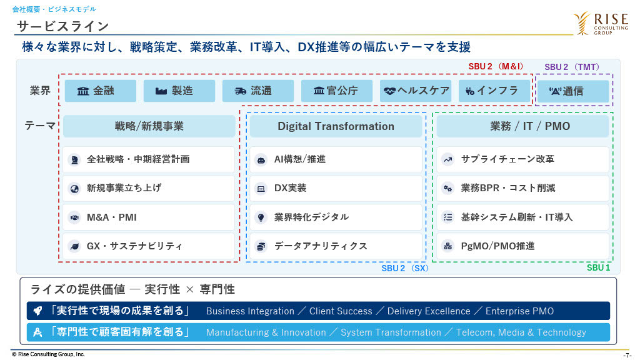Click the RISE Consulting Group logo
pos(601,23)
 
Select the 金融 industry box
pos(101,91)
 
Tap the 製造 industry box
pos(179,91)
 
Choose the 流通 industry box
pos(258,91)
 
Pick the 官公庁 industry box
pos(337,91)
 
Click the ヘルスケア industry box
pos(416,91)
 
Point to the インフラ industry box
pos(494,91)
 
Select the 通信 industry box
pos(573,91)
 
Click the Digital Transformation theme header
pos(336,126)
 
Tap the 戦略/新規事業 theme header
pos(149,126)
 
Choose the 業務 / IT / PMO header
pos(523,126)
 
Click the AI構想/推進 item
pos(336,159)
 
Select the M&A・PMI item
pos(149,217)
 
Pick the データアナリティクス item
pos(336,246)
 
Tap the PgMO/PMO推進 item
pos(523,246)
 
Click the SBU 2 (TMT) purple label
pos(572,67)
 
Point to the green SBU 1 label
pos(598,267)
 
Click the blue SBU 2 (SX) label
pos(405,268)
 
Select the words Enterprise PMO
pos(519,311)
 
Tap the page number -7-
pos(627,356)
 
